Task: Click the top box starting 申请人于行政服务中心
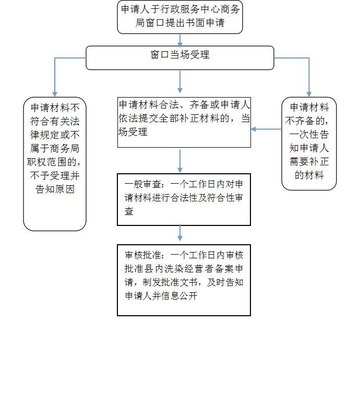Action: [x=180, y=17]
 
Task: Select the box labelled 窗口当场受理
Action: [x=180, y=58]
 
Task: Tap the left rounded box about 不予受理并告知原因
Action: [x=55, y=164]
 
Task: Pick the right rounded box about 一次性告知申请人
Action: [x=309, y=144]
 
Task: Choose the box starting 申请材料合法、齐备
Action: [x=184, y=122]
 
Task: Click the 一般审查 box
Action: [x=184, y=199]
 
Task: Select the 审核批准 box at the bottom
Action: [x=184, y=280]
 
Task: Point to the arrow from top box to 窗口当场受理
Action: [x=180, y=40]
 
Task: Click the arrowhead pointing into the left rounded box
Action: [x=55, y=94]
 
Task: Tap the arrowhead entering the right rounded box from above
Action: [x=309, y=94]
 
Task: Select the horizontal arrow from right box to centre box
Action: [x=266, y=129]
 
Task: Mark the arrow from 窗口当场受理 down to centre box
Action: [x=180, y=81]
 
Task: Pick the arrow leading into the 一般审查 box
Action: [x=180, y=161]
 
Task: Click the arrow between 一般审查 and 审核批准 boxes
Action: [x=180, y=233]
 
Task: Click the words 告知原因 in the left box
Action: [x=55, y=189]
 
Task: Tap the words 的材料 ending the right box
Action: [x=309, y=175]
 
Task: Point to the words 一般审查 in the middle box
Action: [x=142, y=184]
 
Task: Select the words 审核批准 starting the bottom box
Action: [x=142, y=255]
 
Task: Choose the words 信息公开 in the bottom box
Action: [x=179, y=296]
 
